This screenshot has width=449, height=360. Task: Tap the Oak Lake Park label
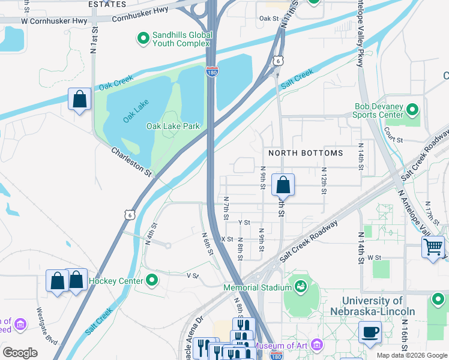[173, 126]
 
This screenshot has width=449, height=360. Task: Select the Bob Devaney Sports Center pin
[412, 110]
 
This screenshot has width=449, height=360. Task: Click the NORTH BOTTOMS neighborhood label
[306, 153]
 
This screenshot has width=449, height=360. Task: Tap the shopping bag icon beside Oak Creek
[79, 99]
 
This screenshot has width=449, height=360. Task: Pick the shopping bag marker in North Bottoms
[283, 185]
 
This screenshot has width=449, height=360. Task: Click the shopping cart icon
[433, 246]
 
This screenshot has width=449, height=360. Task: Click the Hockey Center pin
[152, 280]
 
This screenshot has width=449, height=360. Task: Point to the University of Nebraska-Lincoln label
[372, 306]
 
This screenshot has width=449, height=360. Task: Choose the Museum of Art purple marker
[316, 346]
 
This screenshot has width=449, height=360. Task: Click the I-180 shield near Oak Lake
[212, 71]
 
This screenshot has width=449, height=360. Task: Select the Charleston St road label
[131, 162]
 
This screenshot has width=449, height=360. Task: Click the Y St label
[244, 222]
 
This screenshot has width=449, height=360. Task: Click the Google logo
[20, 352]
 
